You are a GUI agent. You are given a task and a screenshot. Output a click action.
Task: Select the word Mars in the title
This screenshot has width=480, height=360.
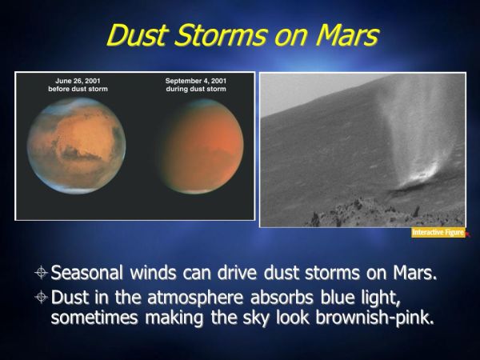347,35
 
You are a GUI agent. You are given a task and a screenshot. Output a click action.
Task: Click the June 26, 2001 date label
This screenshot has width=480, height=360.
78,81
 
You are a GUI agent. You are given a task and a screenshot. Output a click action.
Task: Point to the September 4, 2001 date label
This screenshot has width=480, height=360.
196,81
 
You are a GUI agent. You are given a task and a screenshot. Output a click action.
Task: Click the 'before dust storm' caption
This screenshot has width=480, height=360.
78,89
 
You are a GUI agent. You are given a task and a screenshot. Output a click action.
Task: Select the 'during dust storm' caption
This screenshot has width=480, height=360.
196,89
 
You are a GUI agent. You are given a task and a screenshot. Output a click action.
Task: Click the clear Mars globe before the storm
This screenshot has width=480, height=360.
76,146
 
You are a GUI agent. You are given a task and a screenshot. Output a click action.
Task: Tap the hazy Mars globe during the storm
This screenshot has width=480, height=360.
202,146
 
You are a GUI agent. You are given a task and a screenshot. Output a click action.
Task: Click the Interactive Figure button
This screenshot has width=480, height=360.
438,233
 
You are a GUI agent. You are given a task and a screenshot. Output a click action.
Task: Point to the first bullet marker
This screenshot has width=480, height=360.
41,273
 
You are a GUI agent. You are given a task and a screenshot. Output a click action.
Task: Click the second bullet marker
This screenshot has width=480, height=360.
41,298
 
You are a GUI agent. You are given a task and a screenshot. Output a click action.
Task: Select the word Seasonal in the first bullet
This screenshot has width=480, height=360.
86,272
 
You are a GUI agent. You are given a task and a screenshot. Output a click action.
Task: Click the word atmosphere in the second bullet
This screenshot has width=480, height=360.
195,298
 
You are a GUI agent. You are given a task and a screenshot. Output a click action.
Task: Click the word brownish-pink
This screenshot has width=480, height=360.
374,318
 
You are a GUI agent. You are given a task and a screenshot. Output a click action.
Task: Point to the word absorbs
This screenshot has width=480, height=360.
282,297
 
